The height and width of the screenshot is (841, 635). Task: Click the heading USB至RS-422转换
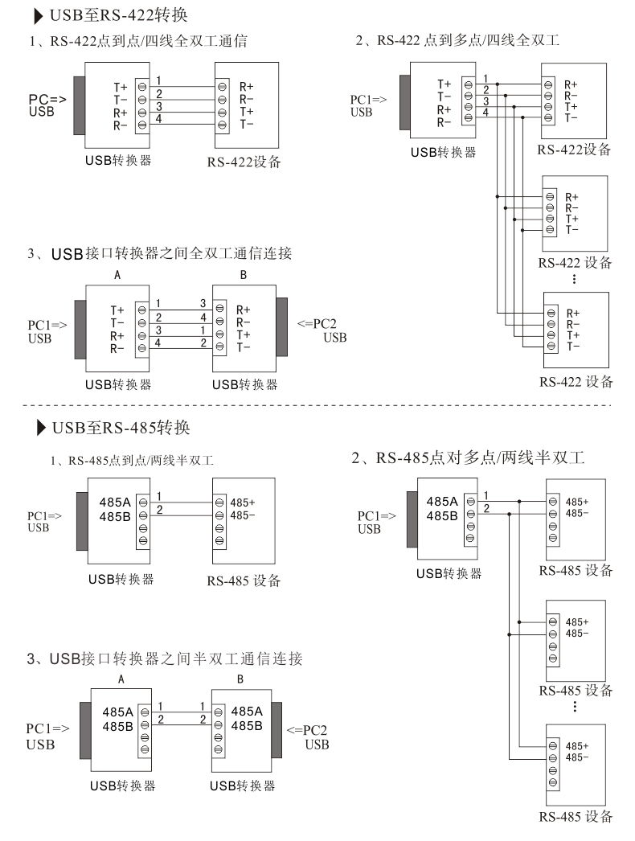[x=121, y=15]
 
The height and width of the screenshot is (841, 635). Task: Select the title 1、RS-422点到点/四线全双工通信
[x=137, y=42]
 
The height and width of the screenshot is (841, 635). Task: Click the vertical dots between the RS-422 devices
[x=574, y=279]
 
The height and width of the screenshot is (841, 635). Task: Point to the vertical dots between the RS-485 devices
[x=574, y=707]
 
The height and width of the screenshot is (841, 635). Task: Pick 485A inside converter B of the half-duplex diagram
[x=247, y=711]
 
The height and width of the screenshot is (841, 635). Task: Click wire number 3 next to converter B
[x=203, y=303]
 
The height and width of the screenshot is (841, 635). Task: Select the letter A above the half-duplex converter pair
[x=121, y=679]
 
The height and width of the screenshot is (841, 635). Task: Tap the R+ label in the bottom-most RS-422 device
[x=572, y=313]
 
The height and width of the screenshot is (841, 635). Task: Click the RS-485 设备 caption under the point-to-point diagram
[x=244, y=580]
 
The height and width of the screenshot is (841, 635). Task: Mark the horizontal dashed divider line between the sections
[x=317, y=404]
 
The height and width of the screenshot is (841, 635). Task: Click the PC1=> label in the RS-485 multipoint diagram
[x=376, y=515]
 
